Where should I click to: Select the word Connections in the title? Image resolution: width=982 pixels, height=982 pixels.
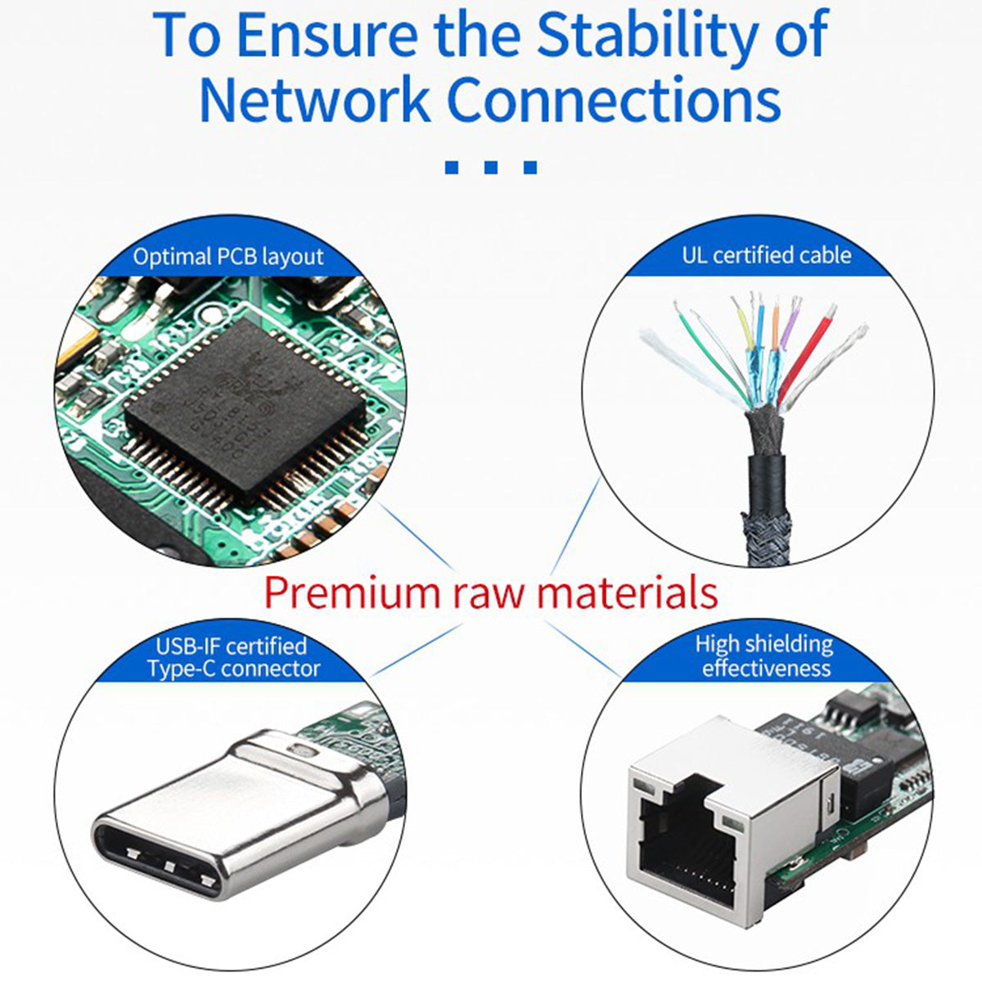point(614,99)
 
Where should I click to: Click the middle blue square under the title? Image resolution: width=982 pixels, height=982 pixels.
point(491,167)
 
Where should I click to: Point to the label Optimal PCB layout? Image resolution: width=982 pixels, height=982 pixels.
point(228,256)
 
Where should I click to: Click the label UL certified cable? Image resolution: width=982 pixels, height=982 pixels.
point(767,255)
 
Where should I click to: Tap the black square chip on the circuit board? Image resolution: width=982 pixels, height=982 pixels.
point(245,408)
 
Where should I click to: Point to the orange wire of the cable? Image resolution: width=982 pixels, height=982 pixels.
point(775,327)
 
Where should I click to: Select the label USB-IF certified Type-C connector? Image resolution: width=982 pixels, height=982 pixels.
point(233,657)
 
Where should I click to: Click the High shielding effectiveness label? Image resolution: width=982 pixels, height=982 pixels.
point(765,656)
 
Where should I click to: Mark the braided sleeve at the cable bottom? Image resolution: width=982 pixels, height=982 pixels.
point(768,534)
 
